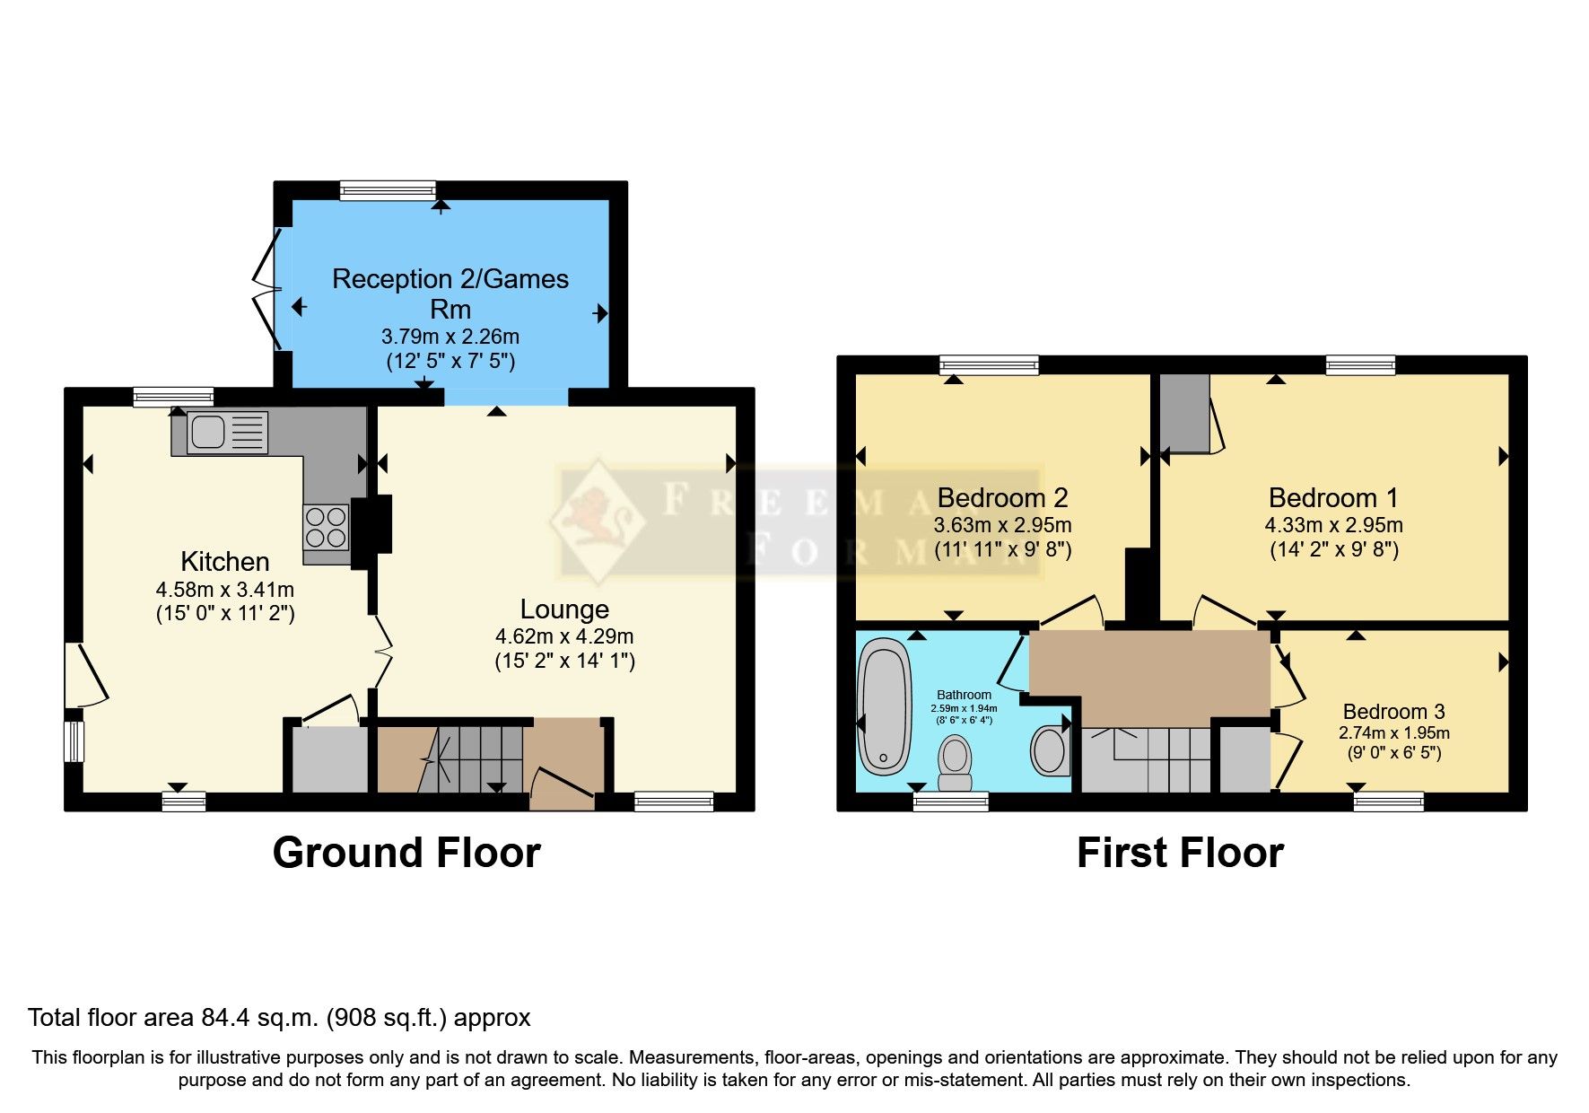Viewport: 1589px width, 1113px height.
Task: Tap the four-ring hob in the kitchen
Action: [x=326, y=527]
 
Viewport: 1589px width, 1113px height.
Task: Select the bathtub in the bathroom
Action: [x=884, y=705]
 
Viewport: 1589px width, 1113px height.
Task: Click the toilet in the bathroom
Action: [x=955, y=757]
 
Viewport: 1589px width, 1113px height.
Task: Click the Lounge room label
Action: [x=564, y=609]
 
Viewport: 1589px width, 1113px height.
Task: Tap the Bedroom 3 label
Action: [x=1393, y=712]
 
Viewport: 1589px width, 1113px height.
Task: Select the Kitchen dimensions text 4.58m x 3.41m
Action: [x=224, y=590]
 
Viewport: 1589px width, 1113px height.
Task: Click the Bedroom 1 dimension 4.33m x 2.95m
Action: [x=1333, y=525]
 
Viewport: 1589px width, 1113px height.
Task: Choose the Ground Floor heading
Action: [x=406, y=853]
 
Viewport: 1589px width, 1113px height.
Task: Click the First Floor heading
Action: [x=1179, y=853]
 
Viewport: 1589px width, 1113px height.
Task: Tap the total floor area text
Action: [x=279, y=1018]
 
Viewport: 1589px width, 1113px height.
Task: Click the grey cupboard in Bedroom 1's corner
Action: [x=1184, y=413]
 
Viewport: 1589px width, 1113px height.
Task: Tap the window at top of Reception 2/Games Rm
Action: [x=388, y=190]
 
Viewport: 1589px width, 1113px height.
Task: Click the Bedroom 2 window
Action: [x=989, y=364]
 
